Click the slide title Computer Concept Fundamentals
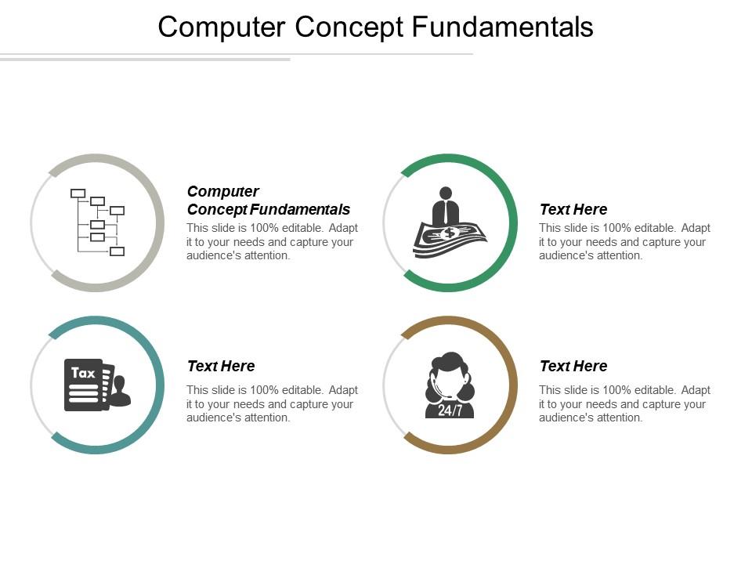375,27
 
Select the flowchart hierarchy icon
97,222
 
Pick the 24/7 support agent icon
450,385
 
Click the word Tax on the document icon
83,373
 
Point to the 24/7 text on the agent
450,410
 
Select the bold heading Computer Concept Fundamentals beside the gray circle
268,201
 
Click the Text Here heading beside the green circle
573,209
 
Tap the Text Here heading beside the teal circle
221,366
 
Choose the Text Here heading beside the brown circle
573,366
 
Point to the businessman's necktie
446,211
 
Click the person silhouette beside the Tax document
120,391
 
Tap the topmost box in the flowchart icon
78,193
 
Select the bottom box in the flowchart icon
117,251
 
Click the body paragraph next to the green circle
624,241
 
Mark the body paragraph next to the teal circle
272,403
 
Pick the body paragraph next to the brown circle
624,403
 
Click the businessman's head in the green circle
446,193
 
